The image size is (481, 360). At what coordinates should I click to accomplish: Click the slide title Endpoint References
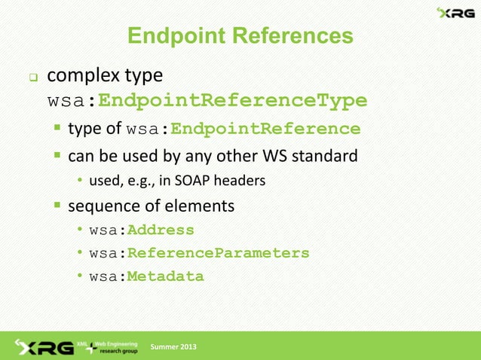point(240,35)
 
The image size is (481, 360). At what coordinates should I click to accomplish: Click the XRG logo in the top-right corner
point(455,13)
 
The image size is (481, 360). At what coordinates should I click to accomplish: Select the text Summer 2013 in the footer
point(174,346)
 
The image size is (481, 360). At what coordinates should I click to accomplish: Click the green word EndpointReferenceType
point(233,100)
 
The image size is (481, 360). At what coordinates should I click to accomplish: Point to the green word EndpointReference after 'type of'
point(265,129)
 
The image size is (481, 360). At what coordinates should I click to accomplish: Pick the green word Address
point(160,230)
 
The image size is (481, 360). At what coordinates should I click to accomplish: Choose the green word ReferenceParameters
point(218,253)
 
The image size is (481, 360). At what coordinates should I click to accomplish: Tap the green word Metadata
point(165,276)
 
